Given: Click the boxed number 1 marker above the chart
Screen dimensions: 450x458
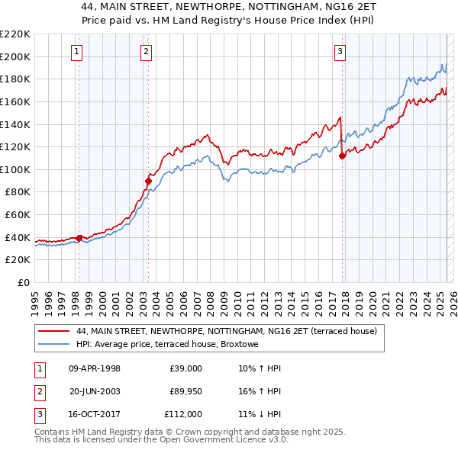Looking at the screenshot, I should point(78,52).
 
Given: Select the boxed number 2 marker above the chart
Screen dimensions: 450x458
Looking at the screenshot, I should point(146,52).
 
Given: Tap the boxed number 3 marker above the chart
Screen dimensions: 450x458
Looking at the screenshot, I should point(340,52).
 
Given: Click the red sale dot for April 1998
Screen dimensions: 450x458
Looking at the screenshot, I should point(79,238).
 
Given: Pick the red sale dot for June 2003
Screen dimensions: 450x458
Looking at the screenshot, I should point(149,181).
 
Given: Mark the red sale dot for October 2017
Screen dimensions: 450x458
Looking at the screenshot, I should point(342,156).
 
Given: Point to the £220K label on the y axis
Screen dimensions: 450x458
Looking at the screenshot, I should point(15,34).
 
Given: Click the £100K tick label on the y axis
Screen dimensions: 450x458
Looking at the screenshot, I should point(15,169).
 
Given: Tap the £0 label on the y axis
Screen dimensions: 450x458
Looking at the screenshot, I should point(22,282).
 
